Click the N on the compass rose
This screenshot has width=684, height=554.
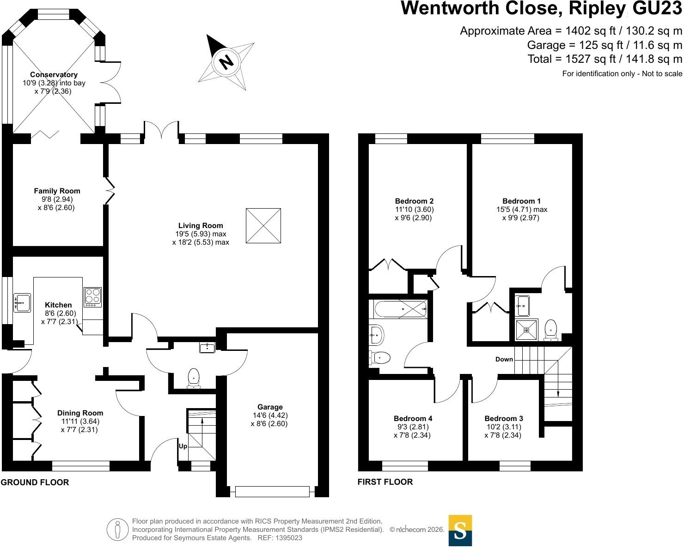tap(226, 61)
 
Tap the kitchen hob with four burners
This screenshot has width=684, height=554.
tap(92, 297)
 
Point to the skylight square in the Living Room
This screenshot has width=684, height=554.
tap(263, 225)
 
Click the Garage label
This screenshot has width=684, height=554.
tap(270, 407)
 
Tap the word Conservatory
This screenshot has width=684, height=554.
tap(54, 74)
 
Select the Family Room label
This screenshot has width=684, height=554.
tap(57, 191)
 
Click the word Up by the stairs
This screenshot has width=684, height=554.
tap(183, 446)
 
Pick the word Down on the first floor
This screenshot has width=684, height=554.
tap(504, 359)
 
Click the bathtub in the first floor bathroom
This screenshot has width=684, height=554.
tap(401, 308)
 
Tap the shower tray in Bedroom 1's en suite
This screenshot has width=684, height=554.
tap(526, 330)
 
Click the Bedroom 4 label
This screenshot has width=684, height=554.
tap(413, 418)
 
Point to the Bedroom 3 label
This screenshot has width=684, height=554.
tap(504, 418)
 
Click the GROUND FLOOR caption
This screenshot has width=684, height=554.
tap(35, 482)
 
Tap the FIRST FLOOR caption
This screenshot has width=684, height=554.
tap(385, 482)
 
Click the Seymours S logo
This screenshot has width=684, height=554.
tap(460, 530)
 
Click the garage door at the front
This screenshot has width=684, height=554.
tap(272, 491)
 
